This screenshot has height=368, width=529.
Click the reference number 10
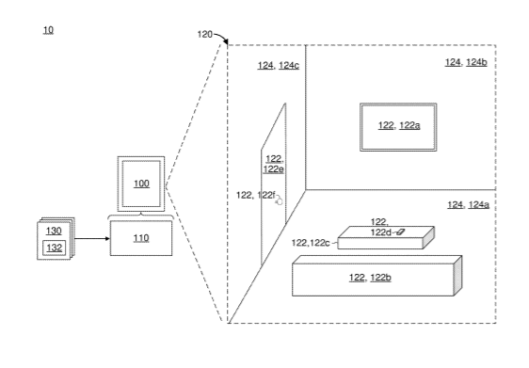point(48,30)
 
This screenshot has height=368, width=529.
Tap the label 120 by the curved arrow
point(205,35)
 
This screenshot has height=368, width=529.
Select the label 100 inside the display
point(141,184)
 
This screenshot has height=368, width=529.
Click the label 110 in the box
point(141,238)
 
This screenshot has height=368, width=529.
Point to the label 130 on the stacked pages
point(54,231)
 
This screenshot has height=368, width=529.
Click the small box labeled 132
point(54,248)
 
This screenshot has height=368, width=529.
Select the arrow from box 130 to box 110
point(91,239)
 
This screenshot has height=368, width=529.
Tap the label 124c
point(289,66)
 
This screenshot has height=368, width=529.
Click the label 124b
point(476,62)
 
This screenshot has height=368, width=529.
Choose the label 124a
point(479,205)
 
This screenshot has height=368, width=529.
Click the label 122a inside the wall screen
point(409,125)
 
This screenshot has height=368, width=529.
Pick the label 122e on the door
point(273,169)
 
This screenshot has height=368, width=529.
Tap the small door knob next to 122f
point(279,201)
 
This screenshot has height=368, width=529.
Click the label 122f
point(266,196)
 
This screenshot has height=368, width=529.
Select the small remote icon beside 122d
point(400,232)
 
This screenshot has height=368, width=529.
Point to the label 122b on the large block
point(380,278)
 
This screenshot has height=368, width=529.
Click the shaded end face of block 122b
point(457,276)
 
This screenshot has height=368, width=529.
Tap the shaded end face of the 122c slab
point(428,238)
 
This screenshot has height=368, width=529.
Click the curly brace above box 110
point(141,216)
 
